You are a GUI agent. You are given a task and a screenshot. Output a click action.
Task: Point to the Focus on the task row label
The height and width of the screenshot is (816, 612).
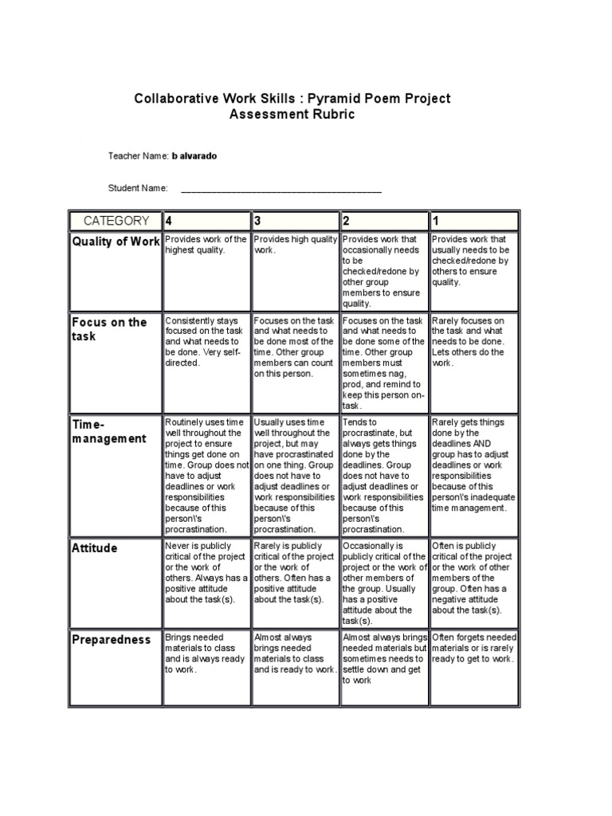point(109,329)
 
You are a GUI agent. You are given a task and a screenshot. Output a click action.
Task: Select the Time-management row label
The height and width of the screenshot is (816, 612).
point(109,430)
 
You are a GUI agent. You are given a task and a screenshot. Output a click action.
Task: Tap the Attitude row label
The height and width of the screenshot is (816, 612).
point(94,548)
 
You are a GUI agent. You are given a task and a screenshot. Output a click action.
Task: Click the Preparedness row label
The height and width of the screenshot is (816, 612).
point(111,639)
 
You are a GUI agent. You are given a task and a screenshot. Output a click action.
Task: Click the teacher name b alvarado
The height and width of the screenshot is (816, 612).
point(194,156)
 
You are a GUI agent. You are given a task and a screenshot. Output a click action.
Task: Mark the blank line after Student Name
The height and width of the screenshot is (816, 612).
point(281,190)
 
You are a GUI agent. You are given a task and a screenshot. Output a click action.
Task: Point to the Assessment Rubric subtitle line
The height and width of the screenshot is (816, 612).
point(292,115)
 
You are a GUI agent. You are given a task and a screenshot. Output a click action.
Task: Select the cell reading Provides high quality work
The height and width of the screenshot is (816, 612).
point(295,245)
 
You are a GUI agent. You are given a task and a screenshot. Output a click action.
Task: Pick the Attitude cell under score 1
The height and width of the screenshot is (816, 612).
point(473,578)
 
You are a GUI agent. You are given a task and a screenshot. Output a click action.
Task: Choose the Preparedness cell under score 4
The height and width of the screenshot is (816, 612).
point(206,653)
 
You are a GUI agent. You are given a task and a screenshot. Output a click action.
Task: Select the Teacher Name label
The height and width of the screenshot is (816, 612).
point(138,156)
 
